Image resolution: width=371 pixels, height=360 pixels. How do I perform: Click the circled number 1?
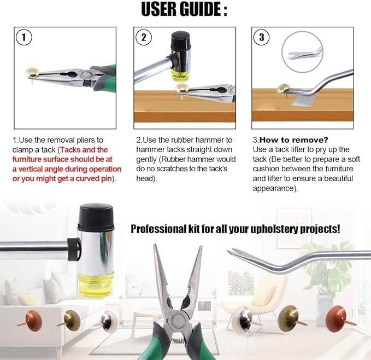[x=23, y=37]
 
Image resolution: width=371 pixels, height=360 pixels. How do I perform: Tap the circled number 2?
[x=144, y=37]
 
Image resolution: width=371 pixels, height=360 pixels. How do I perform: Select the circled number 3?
[x=261, y=37]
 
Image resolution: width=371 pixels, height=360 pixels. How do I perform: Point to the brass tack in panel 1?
[x=32, y=73]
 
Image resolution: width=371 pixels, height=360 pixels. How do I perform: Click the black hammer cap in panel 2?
[x=181, y=40]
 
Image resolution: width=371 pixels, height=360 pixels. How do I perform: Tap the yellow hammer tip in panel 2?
[x=180, y=74]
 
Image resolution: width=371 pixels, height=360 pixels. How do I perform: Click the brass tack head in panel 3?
[x=283, y=88]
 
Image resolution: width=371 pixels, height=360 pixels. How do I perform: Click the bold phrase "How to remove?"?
[x=293, y=140]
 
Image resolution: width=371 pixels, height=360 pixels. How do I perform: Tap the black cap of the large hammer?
[x=96, y=217]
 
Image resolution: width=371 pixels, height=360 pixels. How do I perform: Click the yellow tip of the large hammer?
[x=96, y=284]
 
